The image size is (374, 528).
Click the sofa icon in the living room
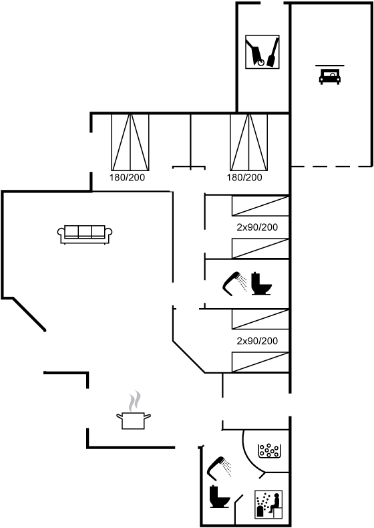(x=85, y=234)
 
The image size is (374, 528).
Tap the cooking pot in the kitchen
(x=134, y=420)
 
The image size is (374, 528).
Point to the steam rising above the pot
(x=134, y=401)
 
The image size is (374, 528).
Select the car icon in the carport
(x=329, y=76)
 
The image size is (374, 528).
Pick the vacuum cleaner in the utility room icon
(x=255, y=53)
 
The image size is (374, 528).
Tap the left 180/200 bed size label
(x=127, y=178)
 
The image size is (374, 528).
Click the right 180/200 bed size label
(x=244, y=178)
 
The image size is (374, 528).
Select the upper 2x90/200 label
(x=257, y=227)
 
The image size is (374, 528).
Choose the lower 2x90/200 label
(x=257, y=341)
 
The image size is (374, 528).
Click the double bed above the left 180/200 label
(x=130, y=142)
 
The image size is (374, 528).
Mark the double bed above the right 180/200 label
(x=248, y=142)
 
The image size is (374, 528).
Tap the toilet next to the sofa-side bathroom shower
(x=261, y=283)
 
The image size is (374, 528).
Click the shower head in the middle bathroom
(x=234, y=283)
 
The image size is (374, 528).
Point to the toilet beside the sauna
(x=219, y=496)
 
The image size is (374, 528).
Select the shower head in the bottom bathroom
(x=220, y=468)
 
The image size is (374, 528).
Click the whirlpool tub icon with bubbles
(x=269, y=451)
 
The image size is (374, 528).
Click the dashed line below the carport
(x=331, y=166)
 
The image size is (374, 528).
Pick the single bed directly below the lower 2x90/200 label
(x=260, y=362)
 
